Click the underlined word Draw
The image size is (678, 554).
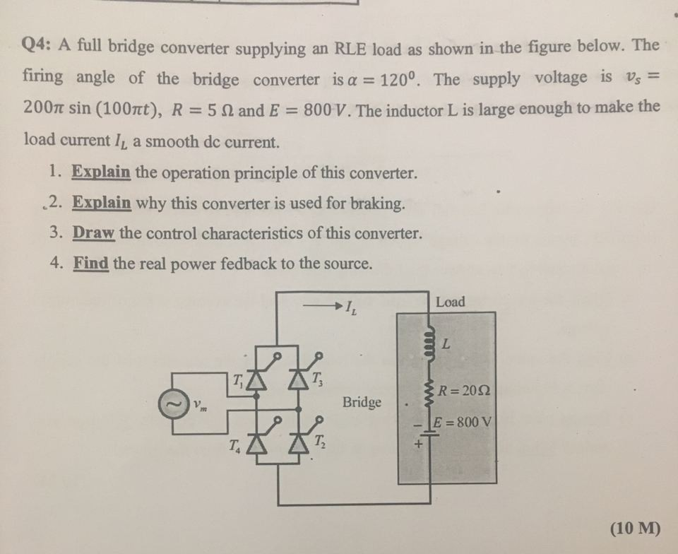(89, 233)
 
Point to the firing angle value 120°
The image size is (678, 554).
(400, 77)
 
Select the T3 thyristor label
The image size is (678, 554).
(317, 377)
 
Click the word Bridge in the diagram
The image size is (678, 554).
(362, 402)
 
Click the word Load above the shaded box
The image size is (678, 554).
(451, 302)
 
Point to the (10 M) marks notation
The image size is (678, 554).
(634, 529)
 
